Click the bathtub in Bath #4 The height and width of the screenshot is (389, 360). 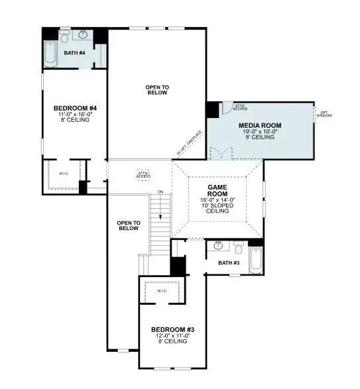click(x=51, y=54)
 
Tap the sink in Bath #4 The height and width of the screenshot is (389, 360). click(x=84, y=34)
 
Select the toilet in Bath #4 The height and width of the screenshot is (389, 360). click(x=64, y=34)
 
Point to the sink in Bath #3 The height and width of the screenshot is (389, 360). click(x=218, y=247)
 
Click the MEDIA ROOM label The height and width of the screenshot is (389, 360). click(x=260, y=125)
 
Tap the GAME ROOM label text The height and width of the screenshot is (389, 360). click(x=218, y=191)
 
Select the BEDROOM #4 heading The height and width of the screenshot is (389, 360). click(x=75, y=108)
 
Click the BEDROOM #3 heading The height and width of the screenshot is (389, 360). click(x=172, y=330)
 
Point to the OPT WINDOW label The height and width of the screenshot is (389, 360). click(x=325, y=114)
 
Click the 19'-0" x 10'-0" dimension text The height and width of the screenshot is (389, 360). click(x=260, y=132)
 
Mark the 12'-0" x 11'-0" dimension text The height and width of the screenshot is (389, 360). click(x=172, y=337)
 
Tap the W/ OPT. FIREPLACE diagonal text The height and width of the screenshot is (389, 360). click(x=189, y=144)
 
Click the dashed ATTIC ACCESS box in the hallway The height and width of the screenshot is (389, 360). click(x=143, y=174)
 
